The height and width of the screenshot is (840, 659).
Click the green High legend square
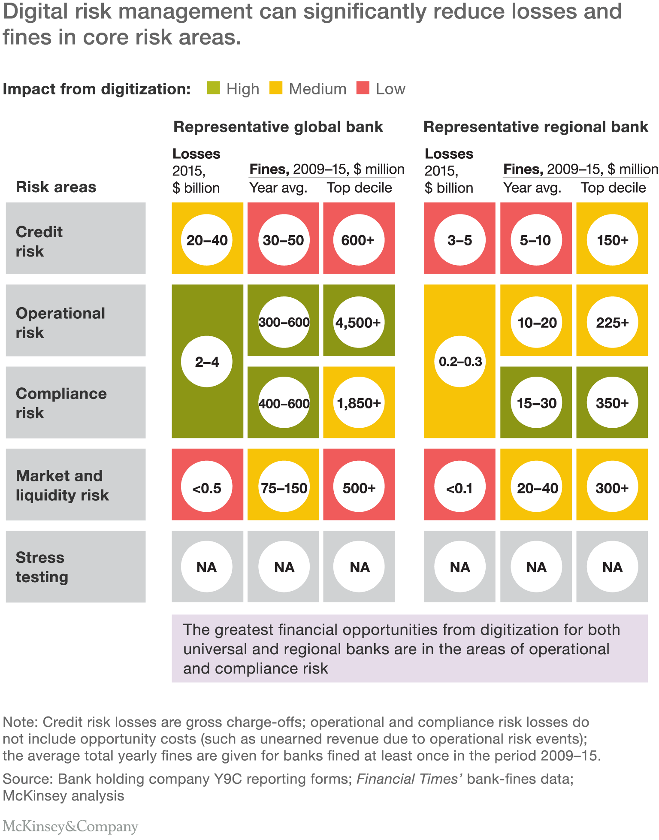coord(213,88)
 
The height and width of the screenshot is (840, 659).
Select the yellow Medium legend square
coord(276,88)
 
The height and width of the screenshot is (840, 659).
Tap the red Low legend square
coord(363,88)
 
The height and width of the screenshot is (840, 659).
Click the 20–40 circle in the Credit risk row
coord(207,240)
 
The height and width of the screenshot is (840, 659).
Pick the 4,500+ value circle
coord(359,322)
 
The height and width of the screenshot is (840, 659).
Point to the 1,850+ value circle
coord(359,403)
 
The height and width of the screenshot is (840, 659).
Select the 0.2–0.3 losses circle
coord(460,362)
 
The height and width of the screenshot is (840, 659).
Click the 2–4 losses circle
coord(207,362)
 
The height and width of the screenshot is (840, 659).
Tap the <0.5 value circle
coord(207,487)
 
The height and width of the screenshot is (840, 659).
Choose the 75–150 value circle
coord(284,487)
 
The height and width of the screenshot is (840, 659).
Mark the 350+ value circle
coord(612,403)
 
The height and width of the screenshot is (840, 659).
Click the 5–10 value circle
coord(536,240)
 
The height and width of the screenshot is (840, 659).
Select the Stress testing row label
coord(42,567)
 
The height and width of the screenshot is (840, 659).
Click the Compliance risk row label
coord(61,403)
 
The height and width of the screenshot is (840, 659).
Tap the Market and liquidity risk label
coord(62,485)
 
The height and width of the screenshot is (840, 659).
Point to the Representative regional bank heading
coord(535,127)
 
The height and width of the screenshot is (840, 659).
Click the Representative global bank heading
coord(278,127)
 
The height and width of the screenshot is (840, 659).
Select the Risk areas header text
coord(56,187)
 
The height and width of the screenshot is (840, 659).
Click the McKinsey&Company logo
coord(70,826)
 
